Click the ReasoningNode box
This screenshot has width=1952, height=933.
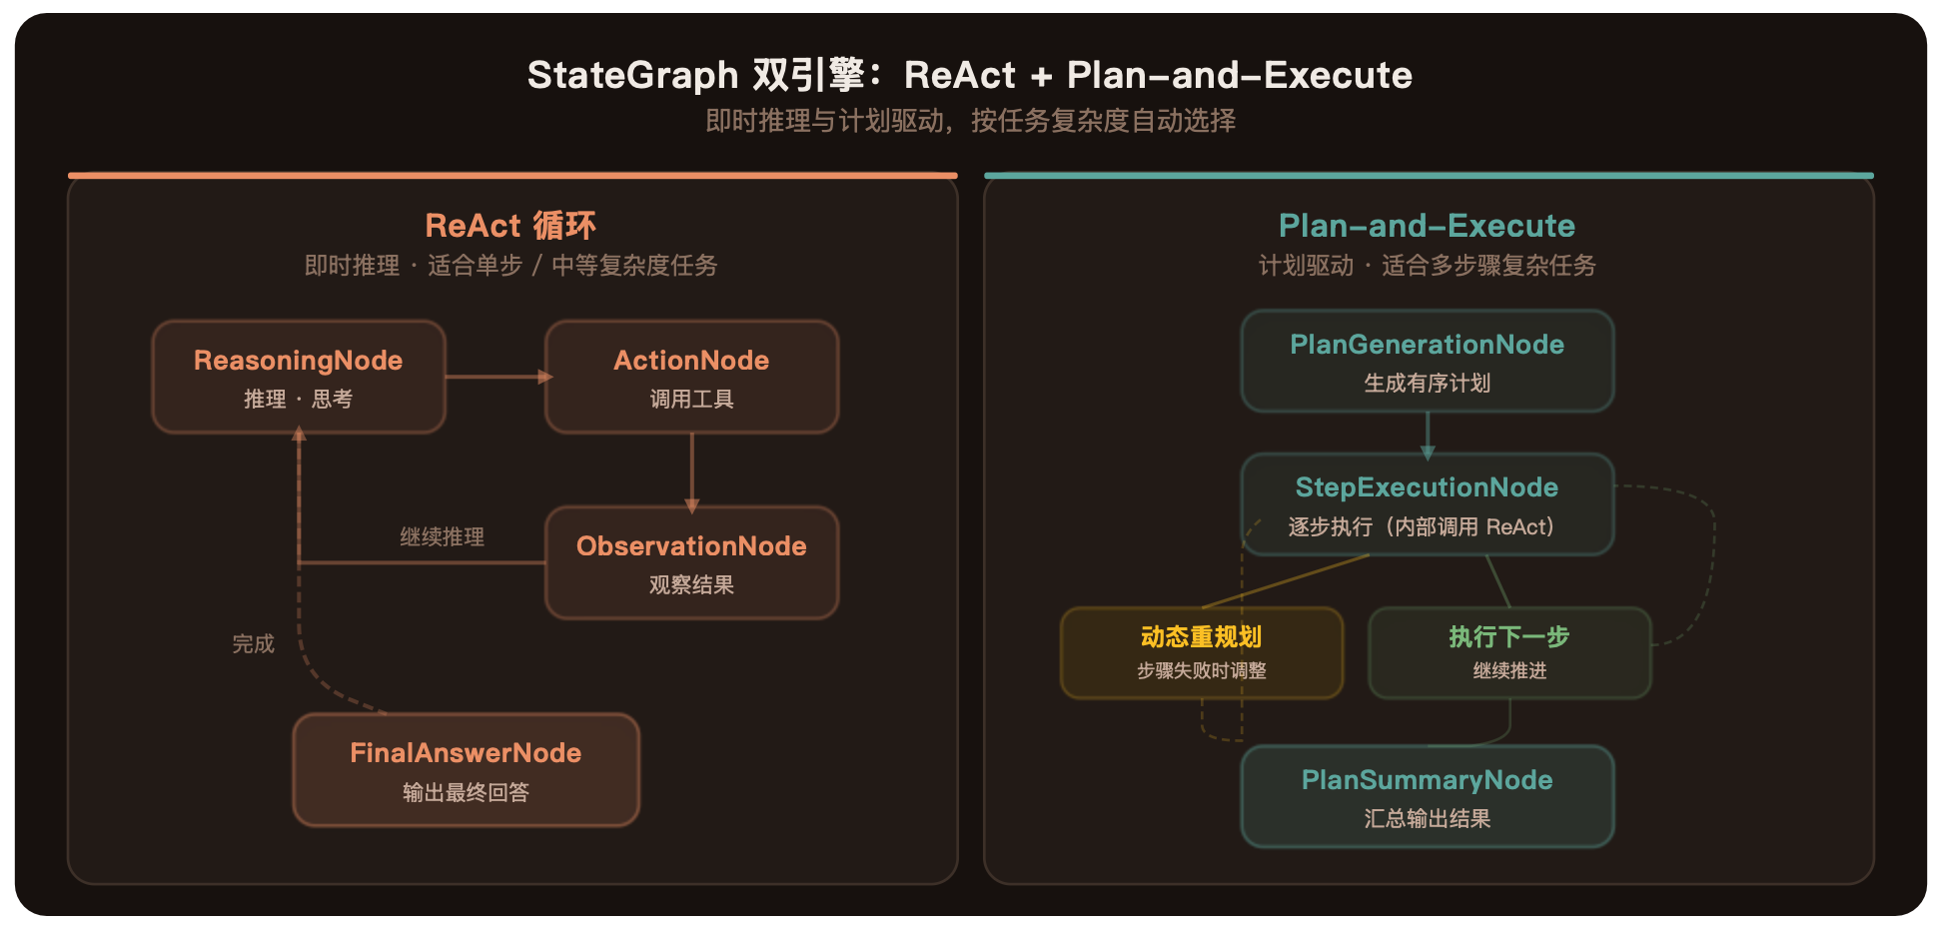(298, 377)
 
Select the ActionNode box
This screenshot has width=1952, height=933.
(691, 377)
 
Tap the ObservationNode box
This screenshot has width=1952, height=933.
(691, 562)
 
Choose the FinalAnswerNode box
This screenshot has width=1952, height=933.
(466, 770)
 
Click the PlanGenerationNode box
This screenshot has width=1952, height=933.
(1427, 361)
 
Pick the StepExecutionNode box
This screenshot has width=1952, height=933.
(1427, 504)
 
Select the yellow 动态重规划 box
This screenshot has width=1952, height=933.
(1201, 652)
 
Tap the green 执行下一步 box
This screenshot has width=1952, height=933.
(1508, 652)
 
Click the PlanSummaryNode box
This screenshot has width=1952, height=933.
(1427, 796)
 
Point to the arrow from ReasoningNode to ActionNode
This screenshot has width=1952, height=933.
(495, 377)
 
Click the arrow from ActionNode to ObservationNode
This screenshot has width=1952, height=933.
(691, 469)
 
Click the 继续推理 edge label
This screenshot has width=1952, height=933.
(442, 537)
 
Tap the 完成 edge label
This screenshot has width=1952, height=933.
(253, 644)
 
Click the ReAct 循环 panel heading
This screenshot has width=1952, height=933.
(510, 226)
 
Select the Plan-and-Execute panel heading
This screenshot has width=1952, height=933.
(1427, 226)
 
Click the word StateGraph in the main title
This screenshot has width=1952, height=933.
(632, 75)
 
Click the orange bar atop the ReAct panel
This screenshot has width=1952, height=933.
(512, 176)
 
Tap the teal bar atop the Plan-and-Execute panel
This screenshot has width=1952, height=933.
(1429, 176)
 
